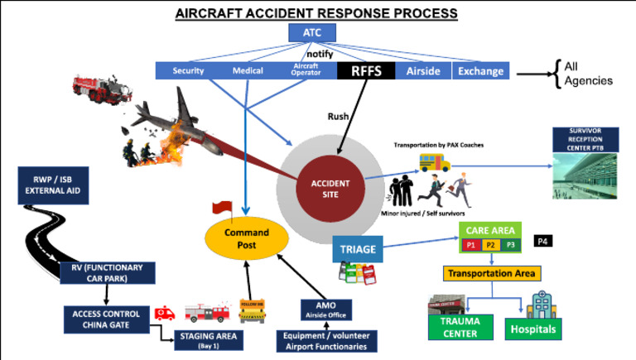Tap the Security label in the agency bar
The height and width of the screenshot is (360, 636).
coord(188,71)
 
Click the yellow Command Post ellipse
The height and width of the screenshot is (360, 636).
coord(248,239)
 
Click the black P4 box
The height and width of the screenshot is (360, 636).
coord(542,241)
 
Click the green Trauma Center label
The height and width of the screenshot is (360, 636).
coord(459,328)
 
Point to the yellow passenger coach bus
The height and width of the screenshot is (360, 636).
coord(433,162)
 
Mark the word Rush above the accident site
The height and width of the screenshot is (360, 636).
coord(339,117)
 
